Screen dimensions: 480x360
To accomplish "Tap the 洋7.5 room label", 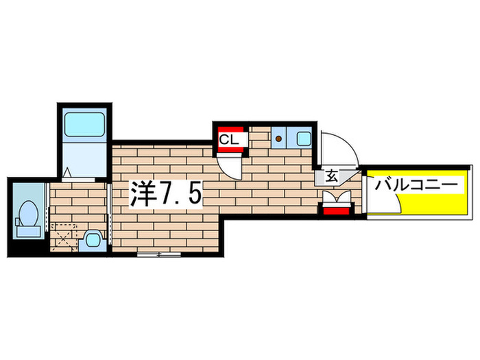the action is pos(166,195).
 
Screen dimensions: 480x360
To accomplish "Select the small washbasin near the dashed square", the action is pos(91,240).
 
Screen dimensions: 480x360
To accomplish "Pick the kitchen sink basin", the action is pos(302,139).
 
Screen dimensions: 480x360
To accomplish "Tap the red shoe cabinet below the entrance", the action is pos(336,210).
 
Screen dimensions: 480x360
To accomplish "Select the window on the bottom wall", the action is pos(158,254).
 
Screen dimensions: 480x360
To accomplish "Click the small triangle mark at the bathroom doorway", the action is pos(69,172).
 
